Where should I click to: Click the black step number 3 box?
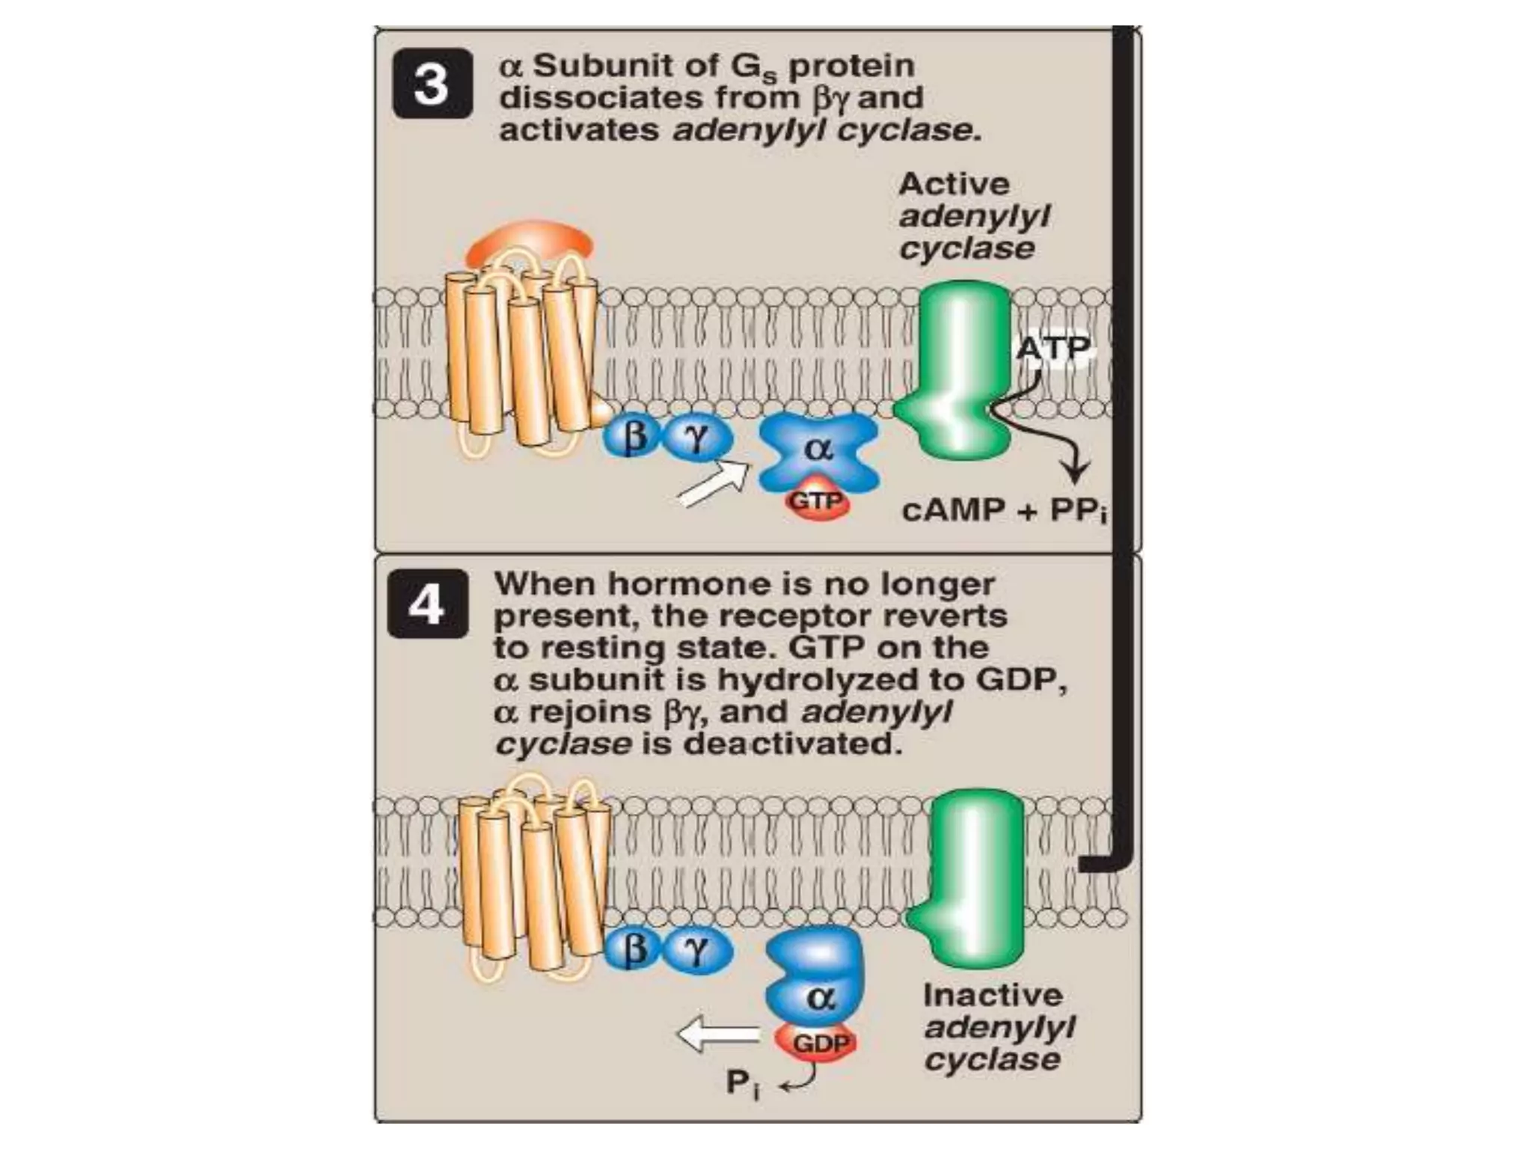click(432, 84)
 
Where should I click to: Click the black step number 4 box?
click(427, 603)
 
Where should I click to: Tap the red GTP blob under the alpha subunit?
click(817, 502)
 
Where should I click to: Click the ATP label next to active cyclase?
click(1053, 348)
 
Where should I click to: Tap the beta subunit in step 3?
click(633, 437)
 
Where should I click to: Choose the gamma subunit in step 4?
click(697, 950)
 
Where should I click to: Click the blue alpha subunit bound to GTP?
click(818, 450)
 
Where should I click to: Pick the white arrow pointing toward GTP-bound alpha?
click(714, 485)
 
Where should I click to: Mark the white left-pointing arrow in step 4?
click(717, 1035)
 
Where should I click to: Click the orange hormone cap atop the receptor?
click(530, 241)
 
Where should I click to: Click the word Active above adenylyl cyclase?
click(954, 184)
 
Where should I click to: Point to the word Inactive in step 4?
click(993, 996)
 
